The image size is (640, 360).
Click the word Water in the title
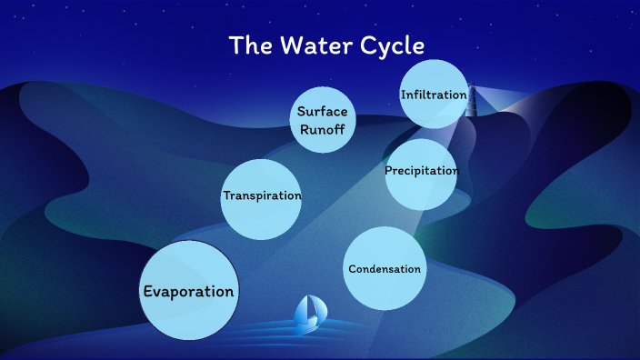(308, 45)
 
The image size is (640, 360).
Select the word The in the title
(246, 45)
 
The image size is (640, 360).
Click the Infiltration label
(434, 95)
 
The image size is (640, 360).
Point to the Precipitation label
(421, 171)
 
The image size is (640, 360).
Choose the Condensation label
(385, 269)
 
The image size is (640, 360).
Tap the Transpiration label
(262, 195)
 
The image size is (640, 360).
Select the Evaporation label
(188, 292)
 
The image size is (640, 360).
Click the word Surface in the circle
(323, 110)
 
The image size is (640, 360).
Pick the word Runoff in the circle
(323, 127)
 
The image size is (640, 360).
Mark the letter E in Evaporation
(148, 292)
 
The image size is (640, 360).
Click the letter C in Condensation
(353, 269)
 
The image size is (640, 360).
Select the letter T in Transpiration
(226, 195)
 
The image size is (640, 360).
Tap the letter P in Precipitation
(388, 171)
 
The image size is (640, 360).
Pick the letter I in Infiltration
(403, 95)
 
